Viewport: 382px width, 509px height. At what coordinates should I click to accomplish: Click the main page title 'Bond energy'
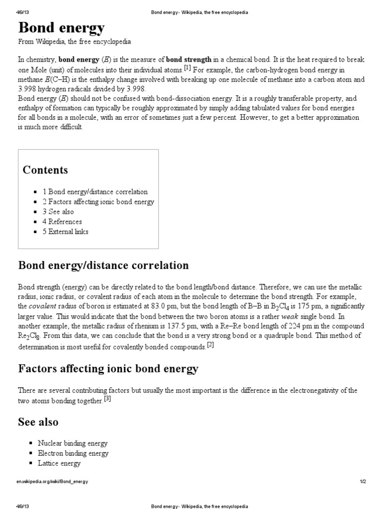(x=62, y=28)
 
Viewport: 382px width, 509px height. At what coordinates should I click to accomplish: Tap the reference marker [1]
(x=187, y=68)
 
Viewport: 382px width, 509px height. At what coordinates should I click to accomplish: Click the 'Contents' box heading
(x=45, y=170)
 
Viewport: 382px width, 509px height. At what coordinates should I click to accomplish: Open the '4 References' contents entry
(x=62, y=222)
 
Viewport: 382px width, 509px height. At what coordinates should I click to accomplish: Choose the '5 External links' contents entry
(x=66, y=232)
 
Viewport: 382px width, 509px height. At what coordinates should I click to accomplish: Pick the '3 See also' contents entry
(x=58, y=212)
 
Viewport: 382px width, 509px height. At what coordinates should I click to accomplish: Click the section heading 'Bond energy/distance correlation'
(x=103, y=265)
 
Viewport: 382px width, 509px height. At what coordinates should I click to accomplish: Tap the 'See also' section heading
(x=38, y=422)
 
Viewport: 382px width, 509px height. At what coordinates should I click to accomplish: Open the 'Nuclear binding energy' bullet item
(x=73, y=443)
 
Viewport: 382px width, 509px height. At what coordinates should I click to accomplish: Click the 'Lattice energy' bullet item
(x=59, y=463)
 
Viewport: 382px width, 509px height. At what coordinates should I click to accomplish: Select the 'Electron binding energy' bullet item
(x=73, y=453)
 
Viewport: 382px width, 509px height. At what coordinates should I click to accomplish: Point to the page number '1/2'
(x=363, y=482)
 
